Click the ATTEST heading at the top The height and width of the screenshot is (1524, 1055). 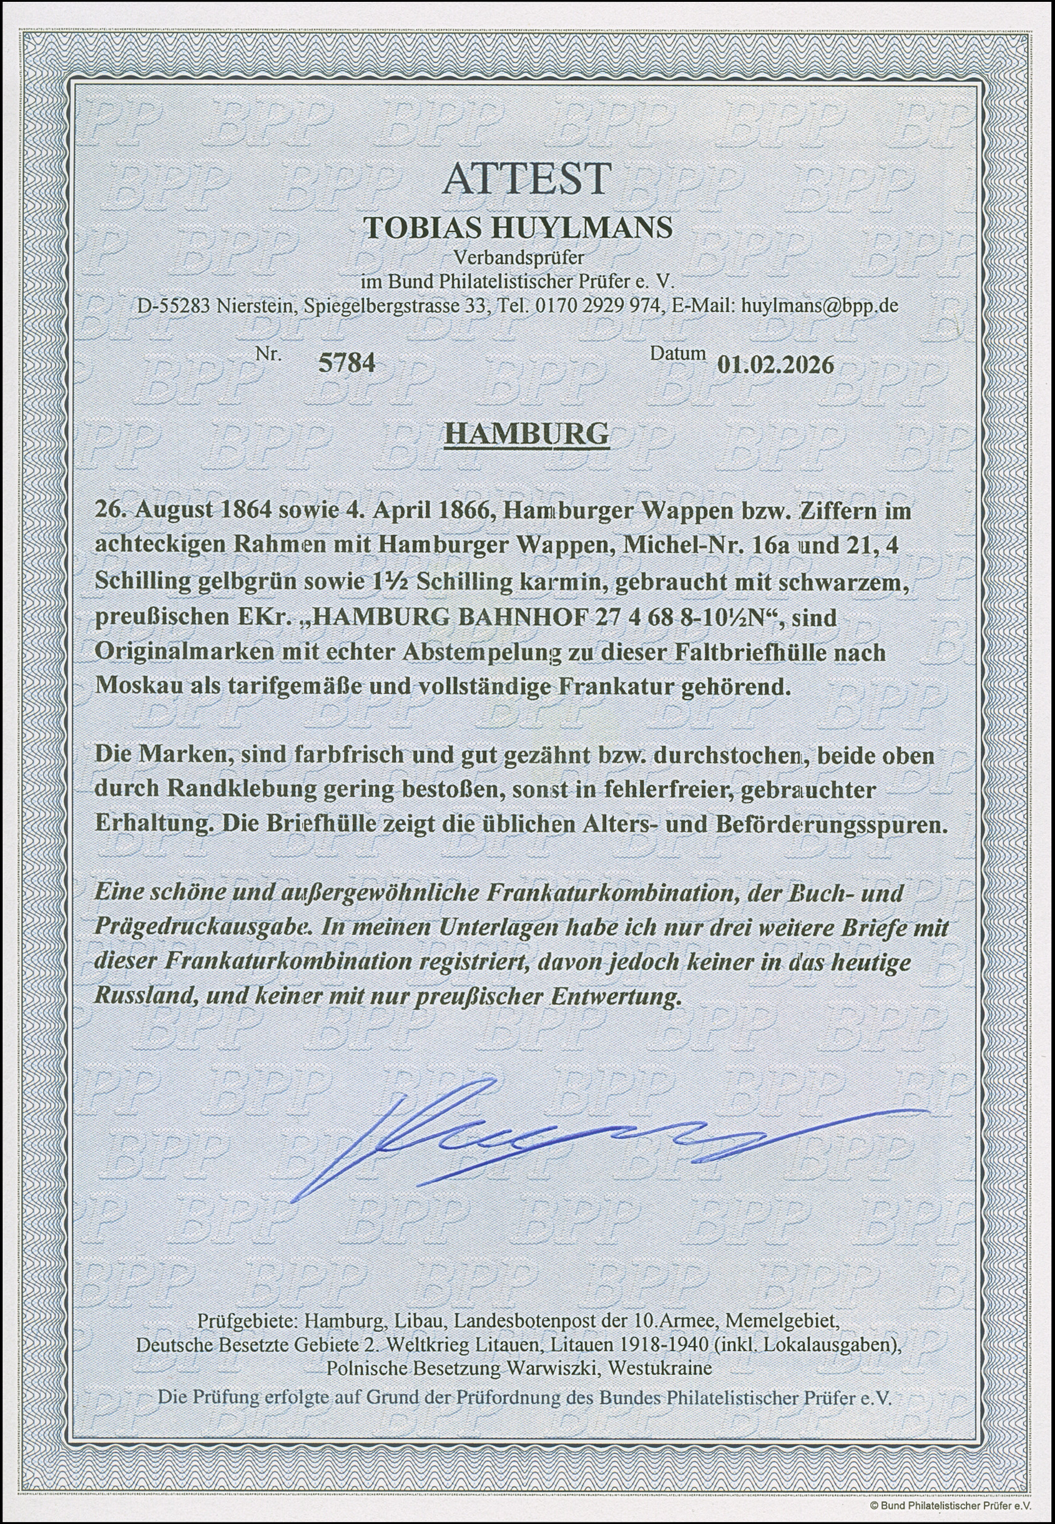(x=527, y=178)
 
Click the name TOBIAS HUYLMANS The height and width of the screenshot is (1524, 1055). (x=519, y=227)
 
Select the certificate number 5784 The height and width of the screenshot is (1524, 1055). (x=348, y=362)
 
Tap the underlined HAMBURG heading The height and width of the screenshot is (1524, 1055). (x=527, y=434)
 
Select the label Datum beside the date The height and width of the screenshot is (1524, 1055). (x=677, y=354)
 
